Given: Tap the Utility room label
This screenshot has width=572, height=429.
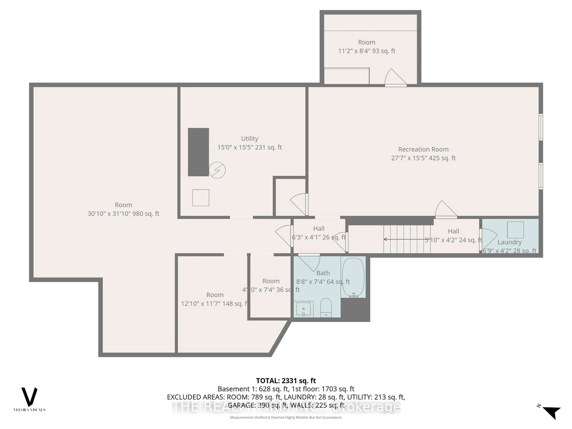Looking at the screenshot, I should coord(250,139).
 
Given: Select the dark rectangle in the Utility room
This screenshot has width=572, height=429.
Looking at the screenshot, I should coord(198,152).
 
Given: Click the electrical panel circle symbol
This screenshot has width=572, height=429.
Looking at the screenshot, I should coord(217,170).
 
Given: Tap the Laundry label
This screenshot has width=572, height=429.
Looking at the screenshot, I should coord(509,242).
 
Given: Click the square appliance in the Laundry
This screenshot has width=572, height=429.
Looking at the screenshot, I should coord(515,230).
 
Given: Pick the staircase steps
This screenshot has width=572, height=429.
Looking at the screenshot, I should coord(407,239).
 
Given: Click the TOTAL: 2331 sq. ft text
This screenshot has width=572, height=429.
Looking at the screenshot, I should coord(286,381).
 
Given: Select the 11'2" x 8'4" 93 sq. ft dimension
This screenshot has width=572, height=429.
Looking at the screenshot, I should coord(367,51).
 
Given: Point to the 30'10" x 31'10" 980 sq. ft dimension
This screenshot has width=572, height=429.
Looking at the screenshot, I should coord(123,214).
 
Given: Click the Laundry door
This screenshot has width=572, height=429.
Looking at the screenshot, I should coord(488,239).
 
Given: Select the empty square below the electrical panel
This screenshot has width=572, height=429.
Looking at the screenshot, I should coord(201,198).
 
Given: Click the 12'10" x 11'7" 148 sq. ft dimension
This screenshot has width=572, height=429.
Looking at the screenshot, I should coord(214,304).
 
